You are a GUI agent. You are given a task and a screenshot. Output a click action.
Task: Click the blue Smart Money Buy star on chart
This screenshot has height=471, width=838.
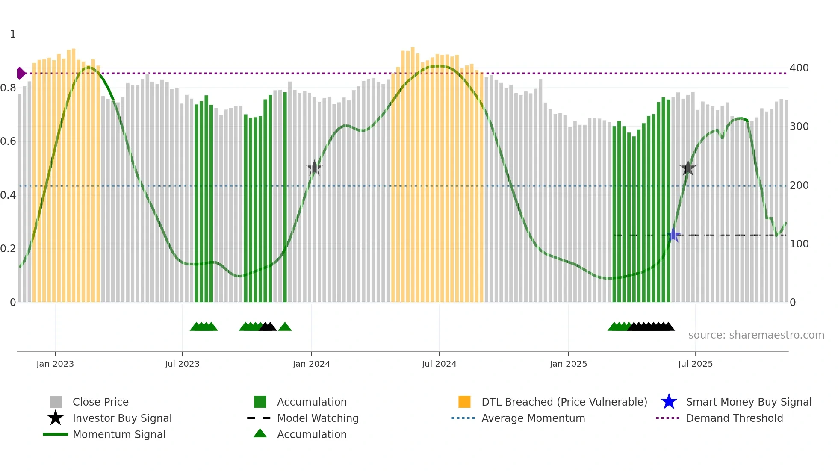(x=673, y=235)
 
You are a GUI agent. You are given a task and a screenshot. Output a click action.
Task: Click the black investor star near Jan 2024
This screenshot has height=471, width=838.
(x=314, y=168)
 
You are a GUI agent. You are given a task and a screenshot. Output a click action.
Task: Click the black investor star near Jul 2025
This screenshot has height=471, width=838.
(x=688, y=168)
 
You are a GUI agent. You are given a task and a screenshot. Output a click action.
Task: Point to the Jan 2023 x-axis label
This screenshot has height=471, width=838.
(x=55, y=364)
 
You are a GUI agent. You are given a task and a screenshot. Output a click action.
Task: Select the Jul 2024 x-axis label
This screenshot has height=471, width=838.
(x=439, y=364)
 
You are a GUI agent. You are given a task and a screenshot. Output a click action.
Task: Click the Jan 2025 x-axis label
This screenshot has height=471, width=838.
(x=568, y=364)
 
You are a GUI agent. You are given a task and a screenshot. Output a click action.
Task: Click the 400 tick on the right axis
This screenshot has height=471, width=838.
(x=799, y=68)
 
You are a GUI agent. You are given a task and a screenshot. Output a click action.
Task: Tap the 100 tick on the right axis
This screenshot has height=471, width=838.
(x=799, y=244)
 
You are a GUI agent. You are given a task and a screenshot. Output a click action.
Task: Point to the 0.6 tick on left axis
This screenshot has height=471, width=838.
(x=8, y=141)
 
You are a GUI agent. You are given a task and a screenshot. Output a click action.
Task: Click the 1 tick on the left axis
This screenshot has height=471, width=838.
(x=13, y=34)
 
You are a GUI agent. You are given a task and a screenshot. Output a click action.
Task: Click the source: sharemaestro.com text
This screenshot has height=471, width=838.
(x=756, y=335)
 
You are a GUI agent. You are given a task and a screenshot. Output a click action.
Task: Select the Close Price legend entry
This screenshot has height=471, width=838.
(x=100, y=402)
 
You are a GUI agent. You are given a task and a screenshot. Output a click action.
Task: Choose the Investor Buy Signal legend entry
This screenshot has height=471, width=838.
(x=122, y=418)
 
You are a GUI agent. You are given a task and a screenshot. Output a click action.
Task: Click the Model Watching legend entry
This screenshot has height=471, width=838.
(x=318, y=418)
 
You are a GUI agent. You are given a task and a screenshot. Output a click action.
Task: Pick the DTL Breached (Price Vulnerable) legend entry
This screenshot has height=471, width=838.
(x=564, y=402)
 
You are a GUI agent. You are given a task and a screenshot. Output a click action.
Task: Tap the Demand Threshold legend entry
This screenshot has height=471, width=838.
(x=734, y=418)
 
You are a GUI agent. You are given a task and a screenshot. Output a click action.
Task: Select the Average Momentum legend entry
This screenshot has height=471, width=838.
(x=533, y=418)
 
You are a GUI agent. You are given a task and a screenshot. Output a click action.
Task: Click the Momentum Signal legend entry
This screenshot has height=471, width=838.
(x=119, y=434)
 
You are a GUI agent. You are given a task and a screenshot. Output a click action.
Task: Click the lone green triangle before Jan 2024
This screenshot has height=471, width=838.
(x=285, y=327)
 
